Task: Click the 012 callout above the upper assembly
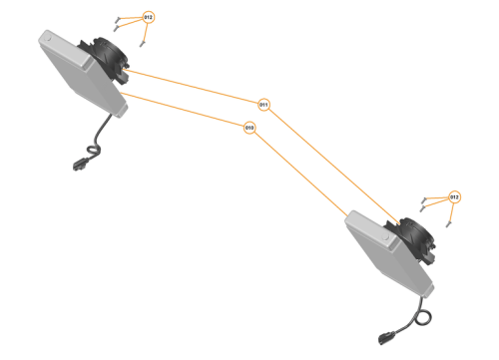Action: (149, 18)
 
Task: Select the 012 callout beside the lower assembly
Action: (454, 196)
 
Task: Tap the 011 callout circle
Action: (264, 104)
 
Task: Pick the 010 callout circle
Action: (249, 128)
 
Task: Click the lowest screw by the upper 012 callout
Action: (143, 41)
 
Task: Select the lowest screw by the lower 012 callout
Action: (446, 221)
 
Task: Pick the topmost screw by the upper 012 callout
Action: (120, 18)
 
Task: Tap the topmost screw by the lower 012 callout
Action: (426, 197)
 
